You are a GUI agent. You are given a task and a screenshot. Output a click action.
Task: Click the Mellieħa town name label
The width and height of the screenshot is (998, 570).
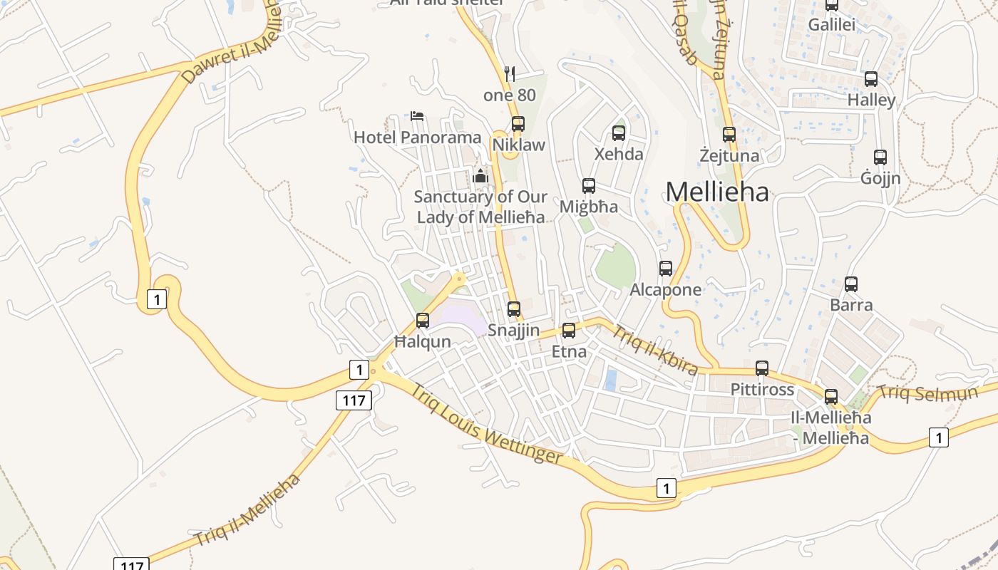coord(717,192)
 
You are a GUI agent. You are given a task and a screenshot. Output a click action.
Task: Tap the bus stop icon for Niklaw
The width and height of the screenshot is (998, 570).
coord(518,123)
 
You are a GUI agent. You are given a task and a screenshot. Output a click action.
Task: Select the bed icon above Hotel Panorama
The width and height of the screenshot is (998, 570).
coord(417,115)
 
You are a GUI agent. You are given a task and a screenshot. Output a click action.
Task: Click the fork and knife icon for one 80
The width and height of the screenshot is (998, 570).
coord(509,73)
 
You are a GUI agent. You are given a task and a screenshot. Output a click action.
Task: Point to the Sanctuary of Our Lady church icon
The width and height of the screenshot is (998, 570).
coord(480,175)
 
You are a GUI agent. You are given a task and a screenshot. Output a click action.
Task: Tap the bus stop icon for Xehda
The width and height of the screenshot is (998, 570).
coord(619,133)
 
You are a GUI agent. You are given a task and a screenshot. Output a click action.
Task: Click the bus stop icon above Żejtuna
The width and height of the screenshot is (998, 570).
coord(729,134)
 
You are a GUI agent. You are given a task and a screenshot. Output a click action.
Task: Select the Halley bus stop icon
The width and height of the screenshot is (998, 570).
coord(870,78)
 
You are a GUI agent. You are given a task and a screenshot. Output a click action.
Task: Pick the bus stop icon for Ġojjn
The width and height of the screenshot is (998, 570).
coord(880,157)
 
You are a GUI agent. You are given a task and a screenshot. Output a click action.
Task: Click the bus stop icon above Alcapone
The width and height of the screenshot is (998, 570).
coord(665,269)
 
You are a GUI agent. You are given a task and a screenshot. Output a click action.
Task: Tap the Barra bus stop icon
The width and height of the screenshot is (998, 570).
coord(850,284)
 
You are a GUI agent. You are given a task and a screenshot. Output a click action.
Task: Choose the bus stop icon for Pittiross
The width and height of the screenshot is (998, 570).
coord(762,368)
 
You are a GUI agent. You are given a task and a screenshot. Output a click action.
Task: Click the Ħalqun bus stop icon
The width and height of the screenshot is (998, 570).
coord(423,320)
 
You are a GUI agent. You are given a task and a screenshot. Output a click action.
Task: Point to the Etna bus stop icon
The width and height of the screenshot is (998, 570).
coord(568,330)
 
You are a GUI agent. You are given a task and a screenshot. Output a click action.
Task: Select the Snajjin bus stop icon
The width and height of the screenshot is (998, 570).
coord(513,309)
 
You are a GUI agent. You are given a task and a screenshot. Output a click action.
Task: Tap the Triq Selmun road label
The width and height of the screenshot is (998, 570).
coord(937,393)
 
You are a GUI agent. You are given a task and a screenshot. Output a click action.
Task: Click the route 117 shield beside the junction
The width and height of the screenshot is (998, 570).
coord(354,400)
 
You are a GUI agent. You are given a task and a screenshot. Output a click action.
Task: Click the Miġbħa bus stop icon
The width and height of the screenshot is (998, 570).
coord(588,185)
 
